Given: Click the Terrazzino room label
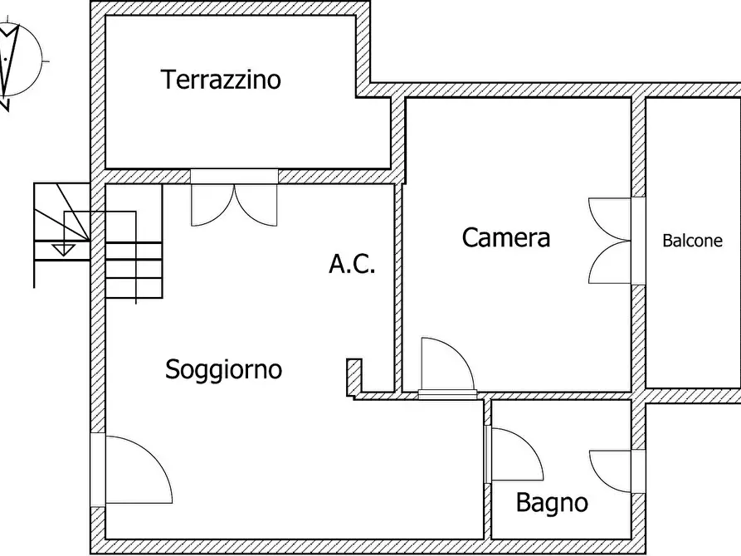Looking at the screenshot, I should [221, 80].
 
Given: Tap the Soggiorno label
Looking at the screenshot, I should [223, 369].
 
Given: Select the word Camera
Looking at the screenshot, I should [505, 238].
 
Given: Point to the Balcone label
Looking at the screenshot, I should [692, 241].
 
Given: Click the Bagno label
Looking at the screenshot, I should [552, 503].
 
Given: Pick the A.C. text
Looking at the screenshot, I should [353, 265].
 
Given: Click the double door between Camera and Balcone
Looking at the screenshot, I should [612, 241].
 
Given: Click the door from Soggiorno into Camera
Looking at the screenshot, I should [446, 365].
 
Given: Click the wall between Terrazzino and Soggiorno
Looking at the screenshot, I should [332, 176].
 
